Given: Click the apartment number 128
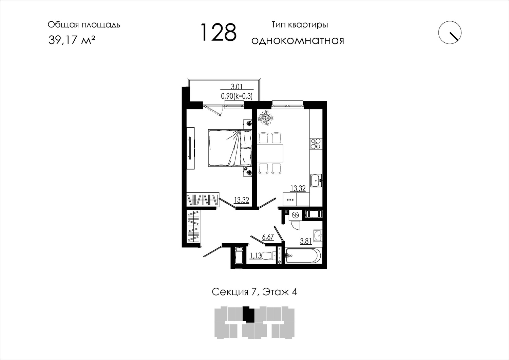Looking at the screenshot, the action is click(219, 32).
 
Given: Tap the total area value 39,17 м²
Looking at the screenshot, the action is click(72, 40).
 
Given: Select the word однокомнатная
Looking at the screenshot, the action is click(298, 40).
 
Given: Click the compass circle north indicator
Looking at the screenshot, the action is click(450, 33).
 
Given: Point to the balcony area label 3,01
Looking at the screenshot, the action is click(237, 87).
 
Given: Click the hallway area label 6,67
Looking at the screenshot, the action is click(268, 237).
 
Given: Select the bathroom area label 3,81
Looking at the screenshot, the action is click(306, 241).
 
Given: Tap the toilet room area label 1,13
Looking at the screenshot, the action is click(256, 256).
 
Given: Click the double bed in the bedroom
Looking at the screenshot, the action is click(230, 148).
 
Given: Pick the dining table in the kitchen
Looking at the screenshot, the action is click(270, 153).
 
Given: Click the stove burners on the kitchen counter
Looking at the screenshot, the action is click(316, 144).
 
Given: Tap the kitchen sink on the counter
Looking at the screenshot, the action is click(316, 181).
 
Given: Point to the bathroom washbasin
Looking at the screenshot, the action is click(318, 235).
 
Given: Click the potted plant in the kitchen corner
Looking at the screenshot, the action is click(265, 118).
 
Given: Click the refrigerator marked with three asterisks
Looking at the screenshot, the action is click(290, 199).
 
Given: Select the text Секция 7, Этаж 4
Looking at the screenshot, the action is click(254, 292).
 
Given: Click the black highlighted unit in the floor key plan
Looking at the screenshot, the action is click(248, 314).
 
